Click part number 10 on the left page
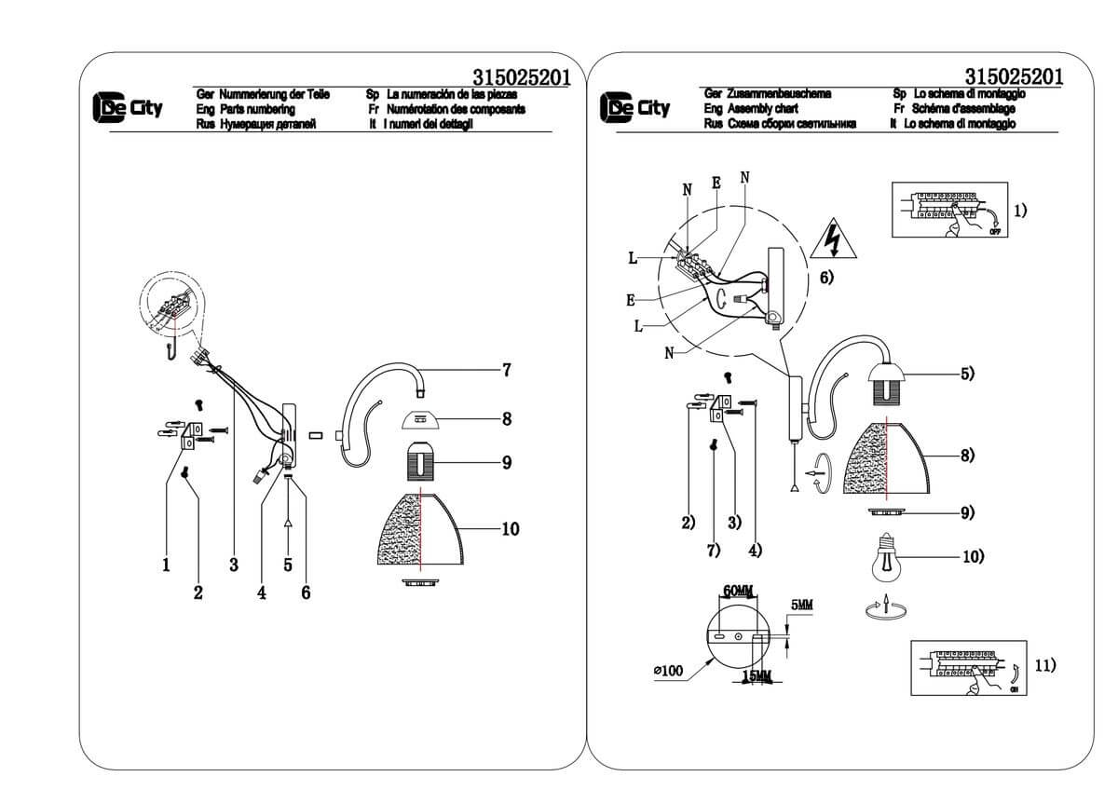point(510,529)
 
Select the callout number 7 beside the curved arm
point(506,370)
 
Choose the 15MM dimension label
point(757,676)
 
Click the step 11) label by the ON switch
point(1045,665)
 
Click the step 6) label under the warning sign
point(826,277)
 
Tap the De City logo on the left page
point(128,108)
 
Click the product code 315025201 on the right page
point(1015,76)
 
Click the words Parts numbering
point(257,109)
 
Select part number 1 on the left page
point(166,564)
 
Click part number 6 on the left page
point(306,592)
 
